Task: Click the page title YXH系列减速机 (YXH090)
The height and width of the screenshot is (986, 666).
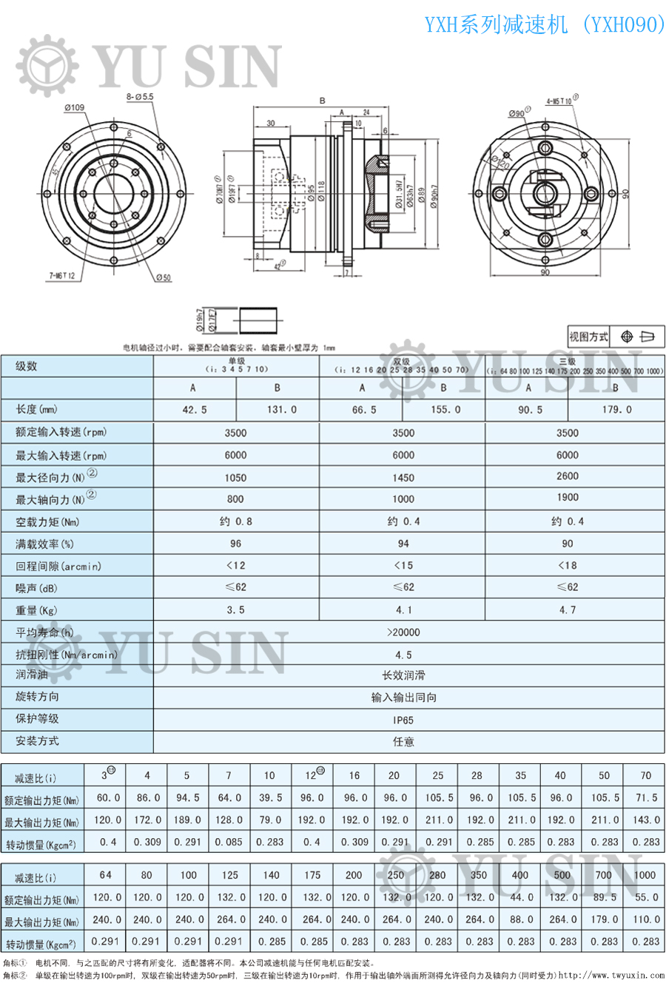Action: click(x=545, y=25)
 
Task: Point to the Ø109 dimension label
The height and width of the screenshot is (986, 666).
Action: click(x=74, y=107)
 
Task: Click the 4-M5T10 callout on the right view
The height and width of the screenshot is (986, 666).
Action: click(x=560, y=100)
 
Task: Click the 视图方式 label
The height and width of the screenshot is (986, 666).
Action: click(x=588, y=337)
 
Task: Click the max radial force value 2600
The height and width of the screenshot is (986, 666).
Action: click(x=568, y=476)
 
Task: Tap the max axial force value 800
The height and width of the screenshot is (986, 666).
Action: click(x=235, y=499)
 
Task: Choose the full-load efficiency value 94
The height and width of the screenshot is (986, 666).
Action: click(x=403, y=544)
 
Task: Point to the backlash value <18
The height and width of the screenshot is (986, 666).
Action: click(x=568, y=566)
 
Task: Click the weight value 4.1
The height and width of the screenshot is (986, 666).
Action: click(x=403, y=610)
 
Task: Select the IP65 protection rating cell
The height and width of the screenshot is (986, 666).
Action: click(x=403, y=719)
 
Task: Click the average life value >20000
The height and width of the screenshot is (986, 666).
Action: click(x=403, y=632)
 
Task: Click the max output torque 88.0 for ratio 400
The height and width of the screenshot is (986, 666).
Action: click(x=520, y=919)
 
